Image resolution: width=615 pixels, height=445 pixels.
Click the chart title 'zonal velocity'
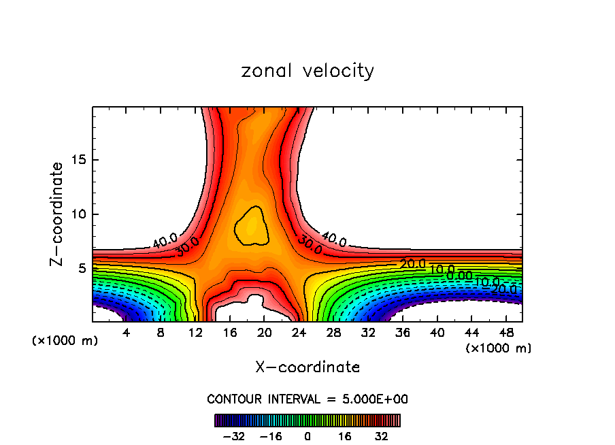coord(307,71)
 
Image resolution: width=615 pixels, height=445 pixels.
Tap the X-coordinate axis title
coord(307,367)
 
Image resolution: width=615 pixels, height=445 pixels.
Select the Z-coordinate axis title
coord(58,214)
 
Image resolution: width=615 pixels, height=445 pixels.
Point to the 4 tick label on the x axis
coord(127,332)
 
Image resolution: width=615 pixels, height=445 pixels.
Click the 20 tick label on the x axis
coord(264,332)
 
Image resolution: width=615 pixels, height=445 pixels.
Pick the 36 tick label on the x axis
coord(402,332)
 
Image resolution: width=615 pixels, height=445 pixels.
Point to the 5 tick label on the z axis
coord(81,268)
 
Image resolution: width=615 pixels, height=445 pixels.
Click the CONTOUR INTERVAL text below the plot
coord(307,399)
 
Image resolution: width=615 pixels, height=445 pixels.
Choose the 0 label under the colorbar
coord(307,435)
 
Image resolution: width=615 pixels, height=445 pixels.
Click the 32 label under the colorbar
coord(381,435)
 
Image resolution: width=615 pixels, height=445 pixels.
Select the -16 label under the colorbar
coord(271,435)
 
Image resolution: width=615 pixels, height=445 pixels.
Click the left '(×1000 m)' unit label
coord(65,341)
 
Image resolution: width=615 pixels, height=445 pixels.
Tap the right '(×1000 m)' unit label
coord(498,348)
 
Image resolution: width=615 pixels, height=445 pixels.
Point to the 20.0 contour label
coord(412,263)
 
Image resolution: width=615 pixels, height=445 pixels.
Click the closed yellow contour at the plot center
coord(251,226)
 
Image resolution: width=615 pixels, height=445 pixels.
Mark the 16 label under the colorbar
coord(344,435)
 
